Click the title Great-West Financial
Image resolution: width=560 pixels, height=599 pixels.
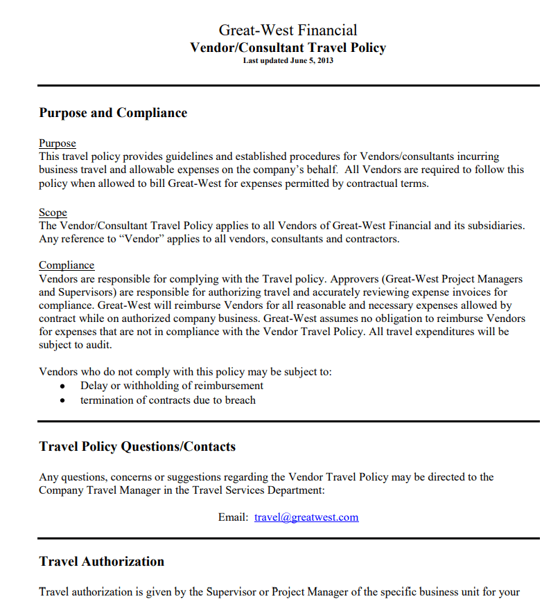click(x=288, y=30)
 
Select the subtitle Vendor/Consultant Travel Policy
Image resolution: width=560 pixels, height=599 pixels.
click(x=288, y=48)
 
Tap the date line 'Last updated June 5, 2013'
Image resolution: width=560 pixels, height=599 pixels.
click(x=288, y=61)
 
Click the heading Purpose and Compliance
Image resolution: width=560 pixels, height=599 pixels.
click(x=113, y=113)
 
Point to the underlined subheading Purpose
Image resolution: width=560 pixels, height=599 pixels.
click(x=58, y=143)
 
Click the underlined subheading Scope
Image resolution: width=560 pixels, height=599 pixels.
click(x=53, y=213)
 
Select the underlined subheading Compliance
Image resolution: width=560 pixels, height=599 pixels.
click(x=67, y=265)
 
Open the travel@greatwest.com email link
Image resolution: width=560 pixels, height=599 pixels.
click(x=306, y=517)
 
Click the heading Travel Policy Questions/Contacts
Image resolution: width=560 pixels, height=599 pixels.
click(x=137, y=447)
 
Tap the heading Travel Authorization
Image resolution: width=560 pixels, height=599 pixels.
click(x=102, y=562)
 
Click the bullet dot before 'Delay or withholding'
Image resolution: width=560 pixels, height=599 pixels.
click(x=63, y=386)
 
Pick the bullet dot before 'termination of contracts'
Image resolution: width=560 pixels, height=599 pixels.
click(x=63, y=401)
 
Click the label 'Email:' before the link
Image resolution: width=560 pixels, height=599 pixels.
click(x=233, y=517)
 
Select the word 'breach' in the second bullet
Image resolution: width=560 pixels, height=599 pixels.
click(x=240, y=400)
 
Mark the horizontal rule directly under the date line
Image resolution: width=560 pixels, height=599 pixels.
click(x=288, y=85)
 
